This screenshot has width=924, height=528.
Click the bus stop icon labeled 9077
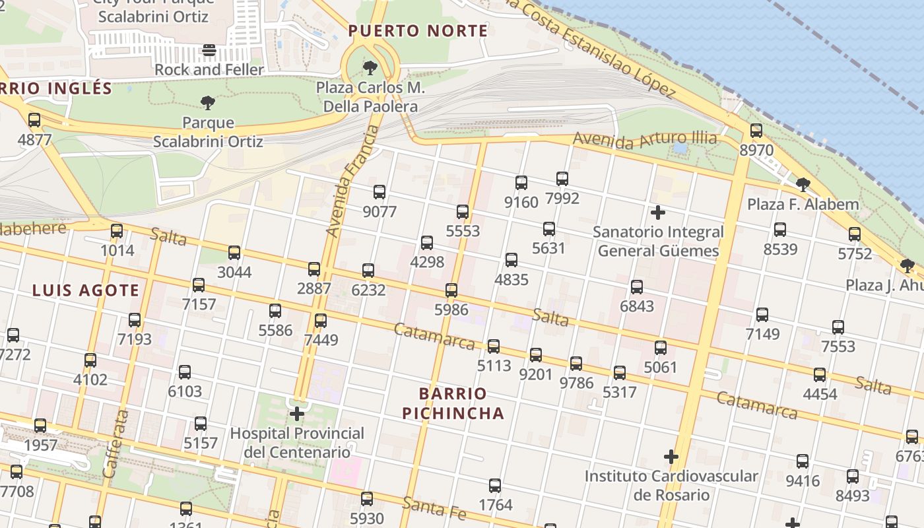click(x=379, y=192)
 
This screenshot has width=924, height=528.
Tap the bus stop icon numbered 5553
click(x=463, y=212)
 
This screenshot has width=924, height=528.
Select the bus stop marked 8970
click(x=756, y=131)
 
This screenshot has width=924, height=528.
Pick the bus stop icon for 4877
click(x=34, y=120)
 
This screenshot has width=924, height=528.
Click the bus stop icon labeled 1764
click(x=495, y=486)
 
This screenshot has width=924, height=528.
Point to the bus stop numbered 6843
click(x=637, y=287)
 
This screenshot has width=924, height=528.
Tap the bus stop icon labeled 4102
click(x=90, y=360)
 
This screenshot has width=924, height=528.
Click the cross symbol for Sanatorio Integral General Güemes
click(x=658, y=213)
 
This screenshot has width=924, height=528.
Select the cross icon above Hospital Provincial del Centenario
click(x=297, y=414)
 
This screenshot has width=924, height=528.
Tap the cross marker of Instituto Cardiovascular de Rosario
click(x=671, y=457)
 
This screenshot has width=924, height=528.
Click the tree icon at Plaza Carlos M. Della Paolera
click(x=370, y=67)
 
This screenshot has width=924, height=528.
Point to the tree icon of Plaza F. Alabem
click(x=803, y=185)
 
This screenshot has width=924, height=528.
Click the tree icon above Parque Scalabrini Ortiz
click(x=208, y=102)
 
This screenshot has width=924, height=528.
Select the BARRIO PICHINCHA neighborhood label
click(x=453, y=403)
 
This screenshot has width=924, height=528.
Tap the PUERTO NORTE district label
click(x=418, y=31)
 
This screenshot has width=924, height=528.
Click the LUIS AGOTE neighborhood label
click(x=86, y=290)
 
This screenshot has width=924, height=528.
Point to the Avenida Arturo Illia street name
click(x=644, y=139)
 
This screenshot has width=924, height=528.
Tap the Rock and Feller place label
click(x=209, y=69)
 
